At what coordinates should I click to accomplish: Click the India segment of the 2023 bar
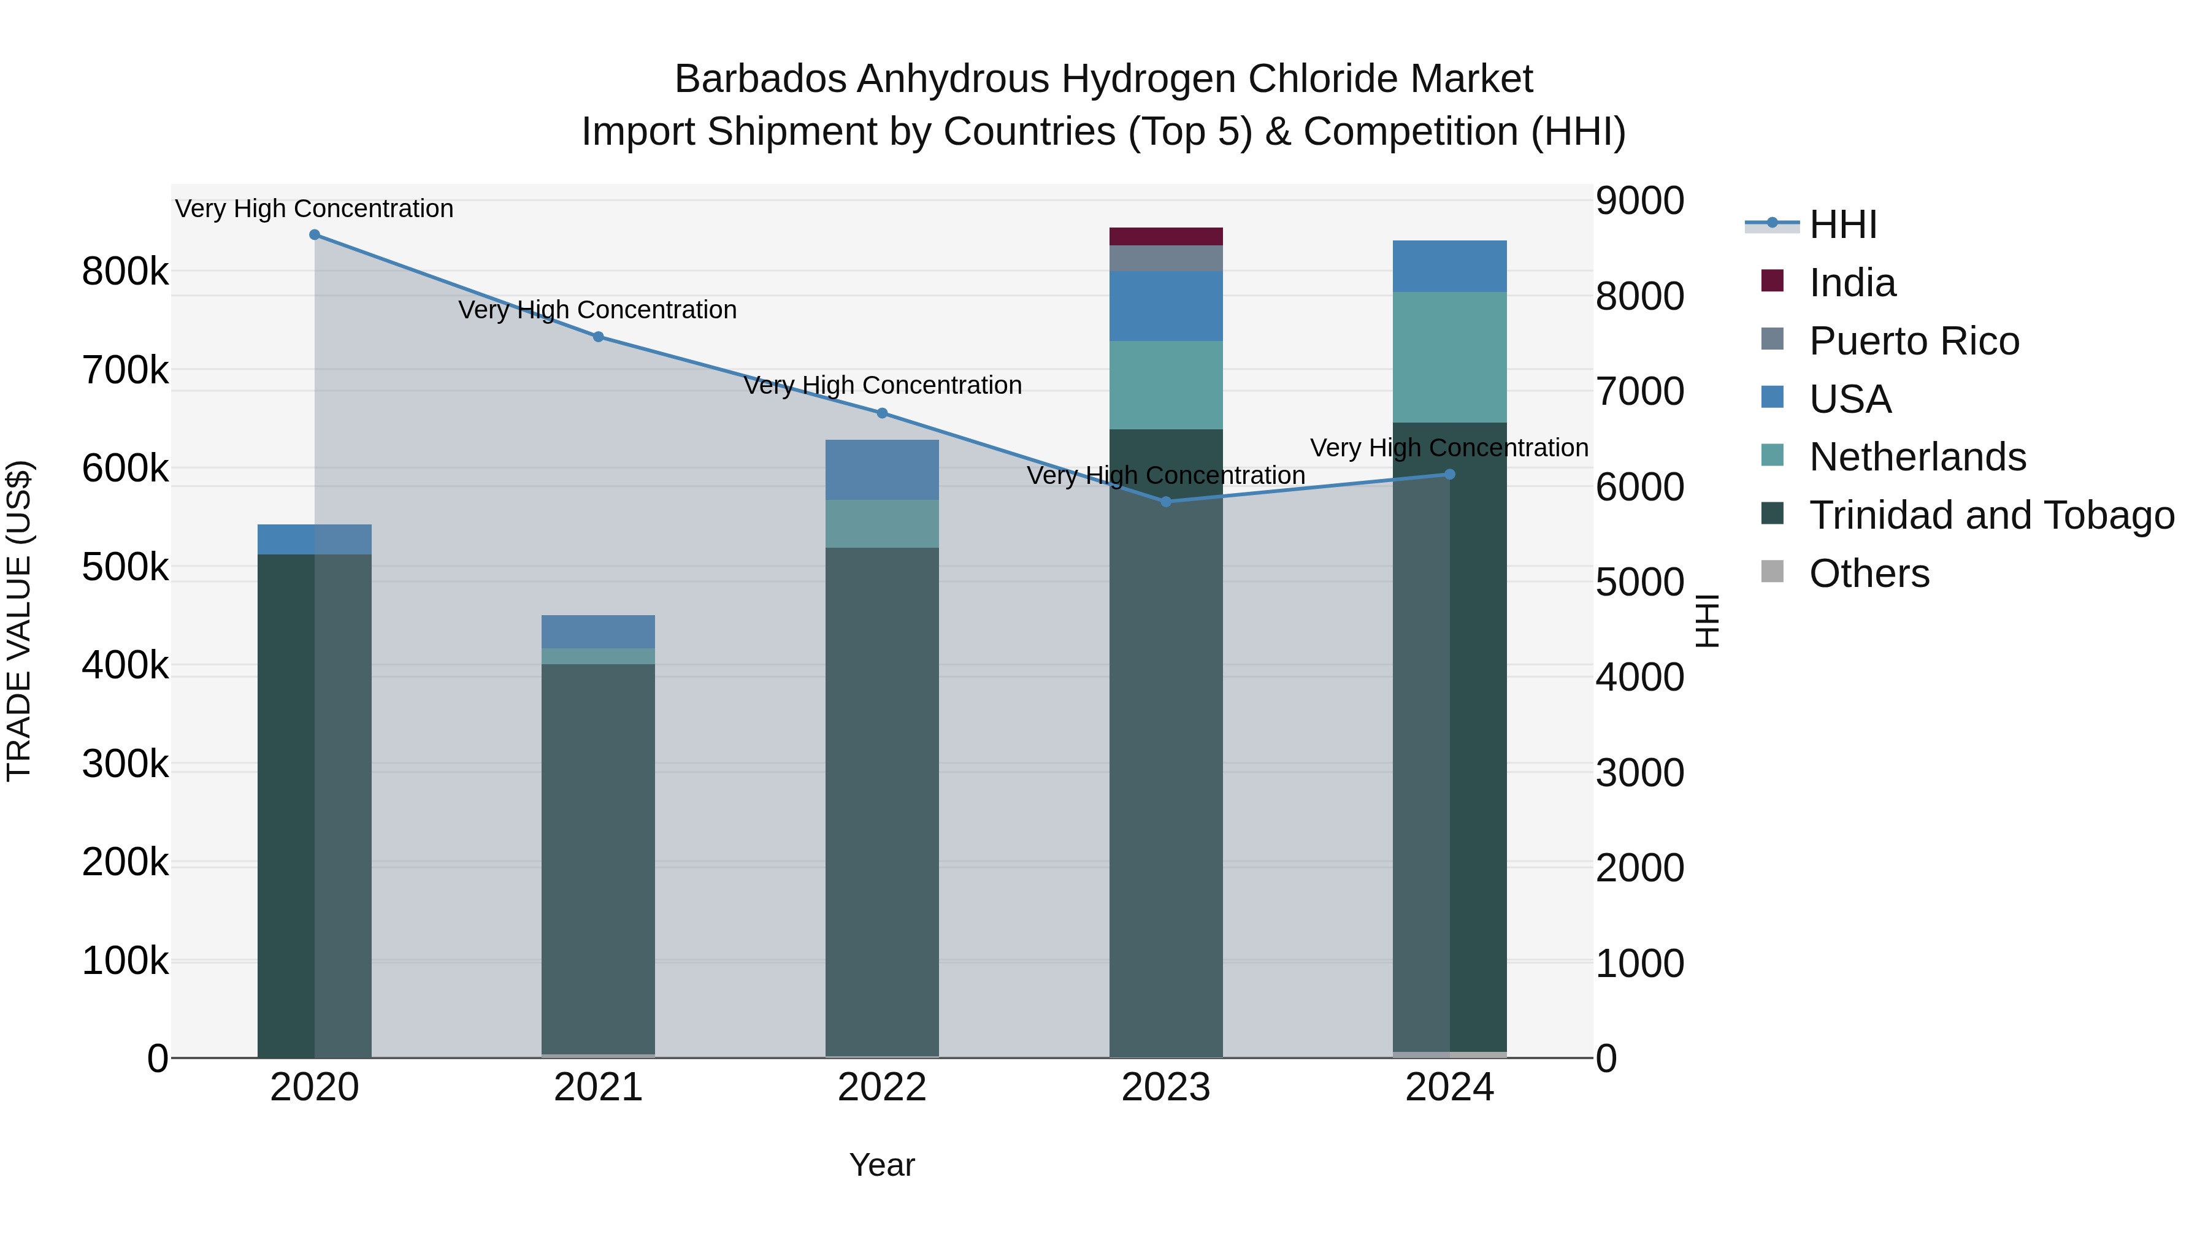coord(1166,237)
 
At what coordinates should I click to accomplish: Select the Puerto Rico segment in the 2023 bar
coord(1166,258)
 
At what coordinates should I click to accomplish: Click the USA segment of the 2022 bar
coord(882,470)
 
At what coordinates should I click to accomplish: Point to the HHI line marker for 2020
coord(315,235)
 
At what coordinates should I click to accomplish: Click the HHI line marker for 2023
coord(1166,502)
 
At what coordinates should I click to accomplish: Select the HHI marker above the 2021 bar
coord(598,337)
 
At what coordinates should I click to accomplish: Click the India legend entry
coord(1852,283)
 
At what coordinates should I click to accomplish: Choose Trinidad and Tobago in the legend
coord(1991,515)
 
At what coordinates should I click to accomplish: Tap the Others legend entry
coord(1869,573)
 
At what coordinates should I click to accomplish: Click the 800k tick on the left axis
coord(125,272)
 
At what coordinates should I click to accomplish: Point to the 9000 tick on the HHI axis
coord(1639,201)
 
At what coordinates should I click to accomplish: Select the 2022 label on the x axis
coord(882,1087)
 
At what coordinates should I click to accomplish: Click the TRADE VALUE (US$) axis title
coord(19,621)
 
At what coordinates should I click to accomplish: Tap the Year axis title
coord(882,1165)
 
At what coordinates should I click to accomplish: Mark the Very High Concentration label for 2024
coord(1449,448)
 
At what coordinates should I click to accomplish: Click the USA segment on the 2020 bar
coord(315,539)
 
